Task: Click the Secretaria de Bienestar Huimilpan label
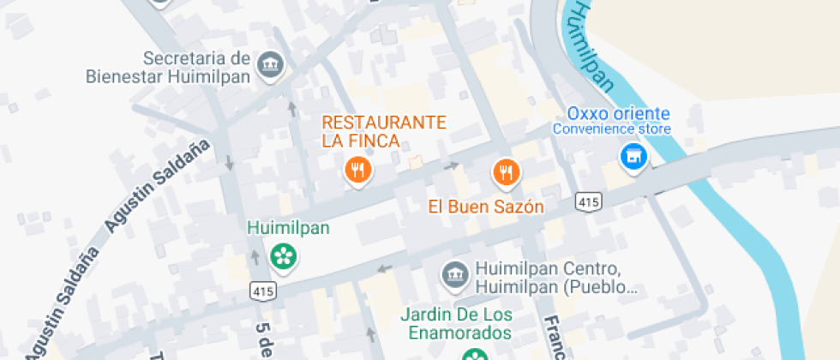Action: click(167, 68)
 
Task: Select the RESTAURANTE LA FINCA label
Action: click(385, 131)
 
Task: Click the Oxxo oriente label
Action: click(618, 114)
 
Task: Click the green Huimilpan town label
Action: click(288, 228)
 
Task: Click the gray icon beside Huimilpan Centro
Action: click(453, 275)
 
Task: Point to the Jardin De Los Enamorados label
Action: click(455, 323)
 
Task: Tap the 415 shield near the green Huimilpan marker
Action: click(261, 291)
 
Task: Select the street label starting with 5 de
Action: click(264, 338)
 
